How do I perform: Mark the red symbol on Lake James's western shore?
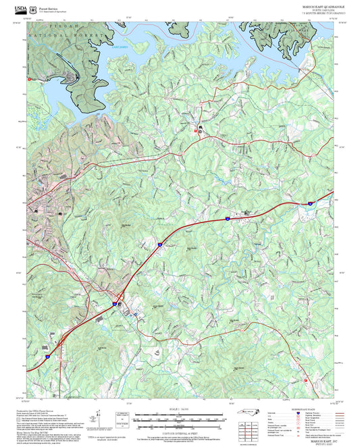29,79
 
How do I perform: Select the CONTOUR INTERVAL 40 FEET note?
180,433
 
